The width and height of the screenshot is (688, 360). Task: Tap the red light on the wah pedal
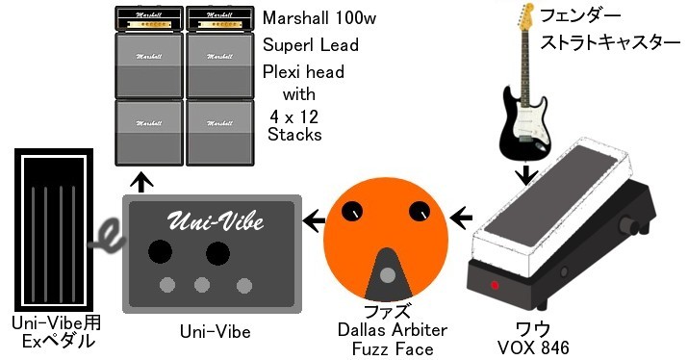(495, 286)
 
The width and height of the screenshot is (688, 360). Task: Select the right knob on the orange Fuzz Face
(419, 211)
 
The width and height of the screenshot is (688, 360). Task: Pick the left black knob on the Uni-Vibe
(160, 252)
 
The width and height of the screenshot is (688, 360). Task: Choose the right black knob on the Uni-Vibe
(218, 252)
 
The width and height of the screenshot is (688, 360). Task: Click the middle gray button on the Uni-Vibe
(203, 286)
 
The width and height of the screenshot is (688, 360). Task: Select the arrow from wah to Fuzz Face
(464, 218)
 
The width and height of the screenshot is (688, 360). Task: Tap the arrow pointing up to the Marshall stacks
(142, 181)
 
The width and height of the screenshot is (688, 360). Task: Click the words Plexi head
(302, 72)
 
